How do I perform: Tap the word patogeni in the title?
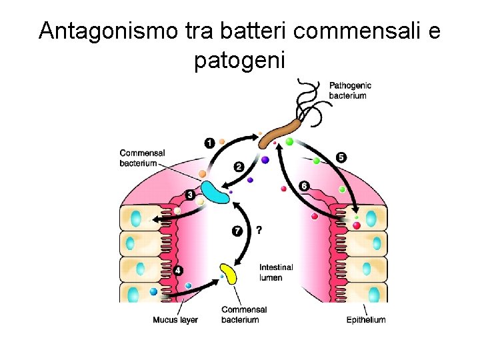[x=239, y=61]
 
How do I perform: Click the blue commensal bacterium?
[x=215, y=191]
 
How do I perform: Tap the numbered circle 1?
[x=209, y=143]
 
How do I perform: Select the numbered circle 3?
[x=190, y=195]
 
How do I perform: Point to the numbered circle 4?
[x=177, y=271]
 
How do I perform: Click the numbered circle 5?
[x=341, y=157]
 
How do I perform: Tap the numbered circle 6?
[x=304, y=185]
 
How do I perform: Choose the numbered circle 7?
[x=237, y=231]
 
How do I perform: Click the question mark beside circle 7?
[x=259, y=229]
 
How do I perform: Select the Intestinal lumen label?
[x=275, y=273]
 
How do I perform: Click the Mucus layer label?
[x=175, y=320]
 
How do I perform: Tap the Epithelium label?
[x=365, y=320]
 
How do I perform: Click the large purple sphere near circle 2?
[x=265, y=160]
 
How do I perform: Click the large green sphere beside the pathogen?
[x=289, y=141]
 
